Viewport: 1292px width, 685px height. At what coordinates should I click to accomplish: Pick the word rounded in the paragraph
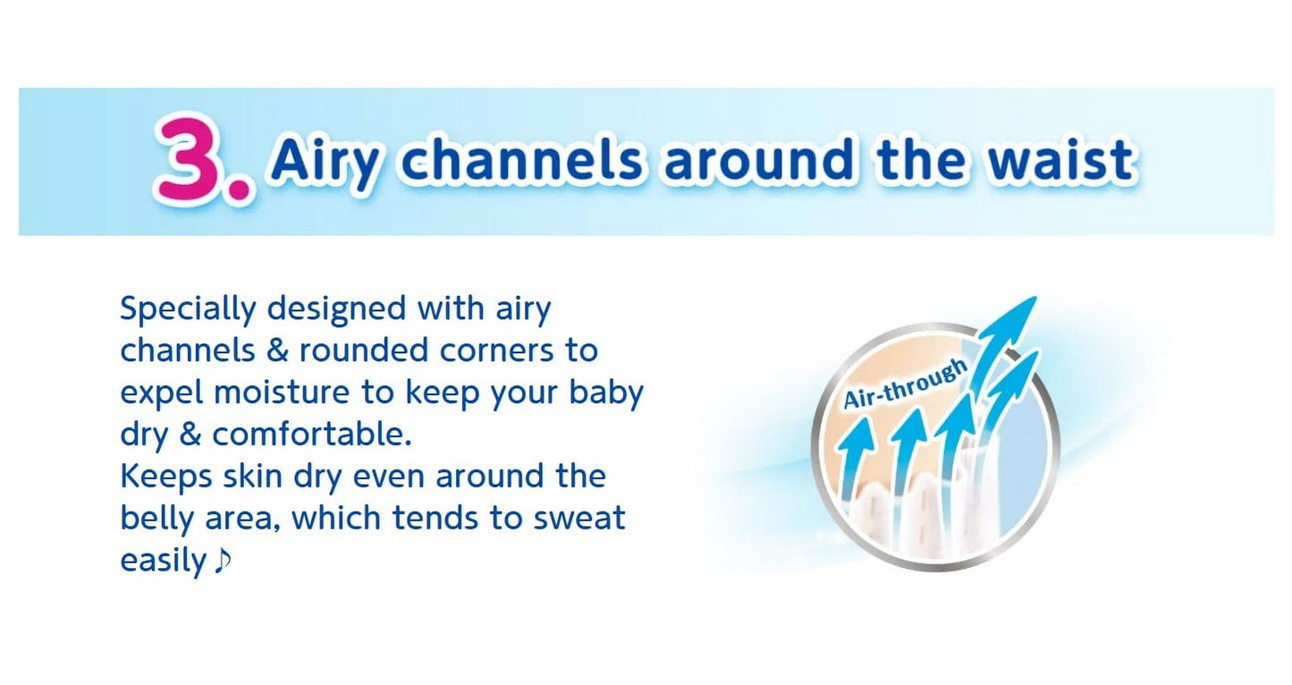pyautogui.click(x=364, y=350)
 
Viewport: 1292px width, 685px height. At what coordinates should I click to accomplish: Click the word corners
pyautogui.click(x=496, y=351)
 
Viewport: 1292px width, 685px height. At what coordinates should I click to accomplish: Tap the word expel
pyautogui.click(x=161, y=393)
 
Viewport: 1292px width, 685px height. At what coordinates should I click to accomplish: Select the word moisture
pyautogui.click(x=282, y=393)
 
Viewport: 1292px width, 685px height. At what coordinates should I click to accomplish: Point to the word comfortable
pyautogui.click(x=311, y=435)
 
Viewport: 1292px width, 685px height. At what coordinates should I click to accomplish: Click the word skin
pyautogui.click(x=253, y=476)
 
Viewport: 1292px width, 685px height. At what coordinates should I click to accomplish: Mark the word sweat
pyautogui.click(x=579, y=519)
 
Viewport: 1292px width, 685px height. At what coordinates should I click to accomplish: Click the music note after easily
pyautogui.click(x=223, y=561)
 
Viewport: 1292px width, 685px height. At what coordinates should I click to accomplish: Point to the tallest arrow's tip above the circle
pyautogui.click(x=1036, y=297)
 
